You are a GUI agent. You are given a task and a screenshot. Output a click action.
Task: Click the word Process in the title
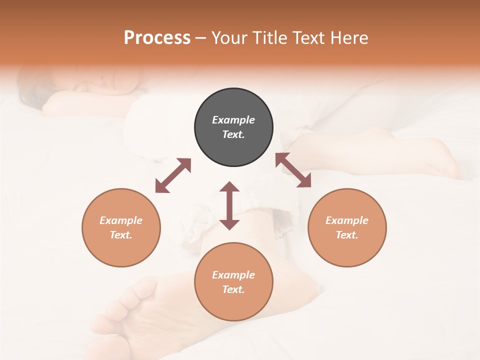coord(157,38)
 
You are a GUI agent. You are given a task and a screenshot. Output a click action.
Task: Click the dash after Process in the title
coord(200,38)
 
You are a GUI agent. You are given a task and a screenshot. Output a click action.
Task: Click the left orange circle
coord(121,227)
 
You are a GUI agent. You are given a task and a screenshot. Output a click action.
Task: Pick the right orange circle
coord(347,227)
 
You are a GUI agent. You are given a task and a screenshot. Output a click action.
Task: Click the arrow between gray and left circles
coord(173,175)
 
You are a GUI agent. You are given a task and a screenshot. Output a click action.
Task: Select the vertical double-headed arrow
coord(229,205)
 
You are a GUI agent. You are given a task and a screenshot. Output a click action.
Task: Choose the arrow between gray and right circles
coord(293,170)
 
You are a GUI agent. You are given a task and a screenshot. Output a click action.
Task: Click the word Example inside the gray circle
coord(233,120)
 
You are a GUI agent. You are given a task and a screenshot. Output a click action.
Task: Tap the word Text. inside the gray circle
coord(233,134)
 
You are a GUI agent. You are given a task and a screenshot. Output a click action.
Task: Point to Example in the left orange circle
coord(121,220)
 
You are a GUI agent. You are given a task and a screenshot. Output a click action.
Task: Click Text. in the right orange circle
coord(347,235)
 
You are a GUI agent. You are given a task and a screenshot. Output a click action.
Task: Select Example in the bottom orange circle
coord(233,275)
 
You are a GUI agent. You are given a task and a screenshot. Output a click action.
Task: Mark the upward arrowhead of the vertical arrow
coord(229,187)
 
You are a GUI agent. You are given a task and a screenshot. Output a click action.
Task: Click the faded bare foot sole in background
coord(135,310)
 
